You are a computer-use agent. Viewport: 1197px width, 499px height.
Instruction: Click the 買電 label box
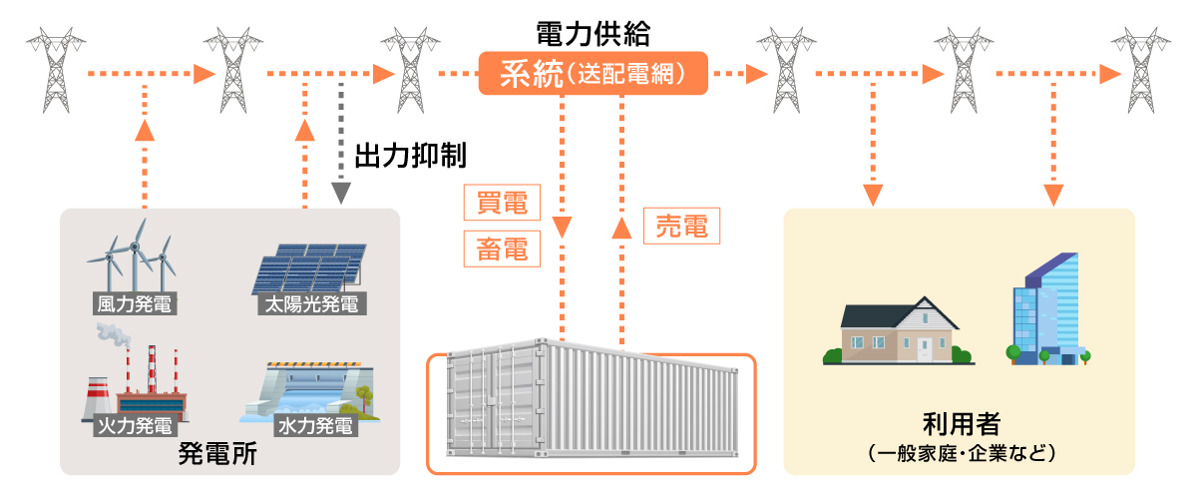[503, 203]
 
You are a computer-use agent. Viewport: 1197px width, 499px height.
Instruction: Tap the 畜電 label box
[503, 249]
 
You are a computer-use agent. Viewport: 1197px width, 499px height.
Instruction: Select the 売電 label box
[682, 227]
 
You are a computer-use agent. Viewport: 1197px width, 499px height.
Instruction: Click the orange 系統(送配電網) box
[594, 73]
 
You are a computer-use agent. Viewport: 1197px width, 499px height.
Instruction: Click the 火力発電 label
[132, 426]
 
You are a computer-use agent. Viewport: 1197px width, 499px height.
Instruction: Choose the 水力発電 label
[314, 426]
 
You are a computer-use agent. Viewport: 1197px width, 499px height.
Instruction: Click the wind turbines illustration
[133, 254]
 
